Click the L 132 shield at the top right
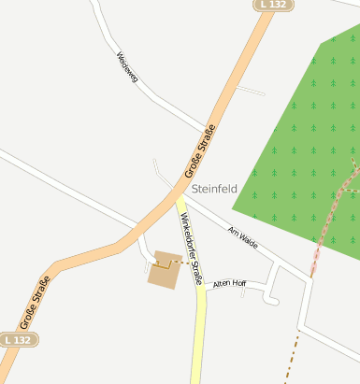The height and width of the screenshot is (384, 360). (x=274, y=5)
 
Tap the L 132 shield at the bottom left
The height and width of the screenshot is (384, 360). (x=19, y=340)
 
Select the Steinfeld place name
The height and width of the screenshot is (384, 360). (x=214, y=189)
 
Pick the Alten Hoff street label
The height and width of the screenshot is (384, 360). (x=229, y=283)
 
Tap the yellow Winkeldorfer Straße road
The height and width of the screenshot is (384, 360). (x=197, y=327)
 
